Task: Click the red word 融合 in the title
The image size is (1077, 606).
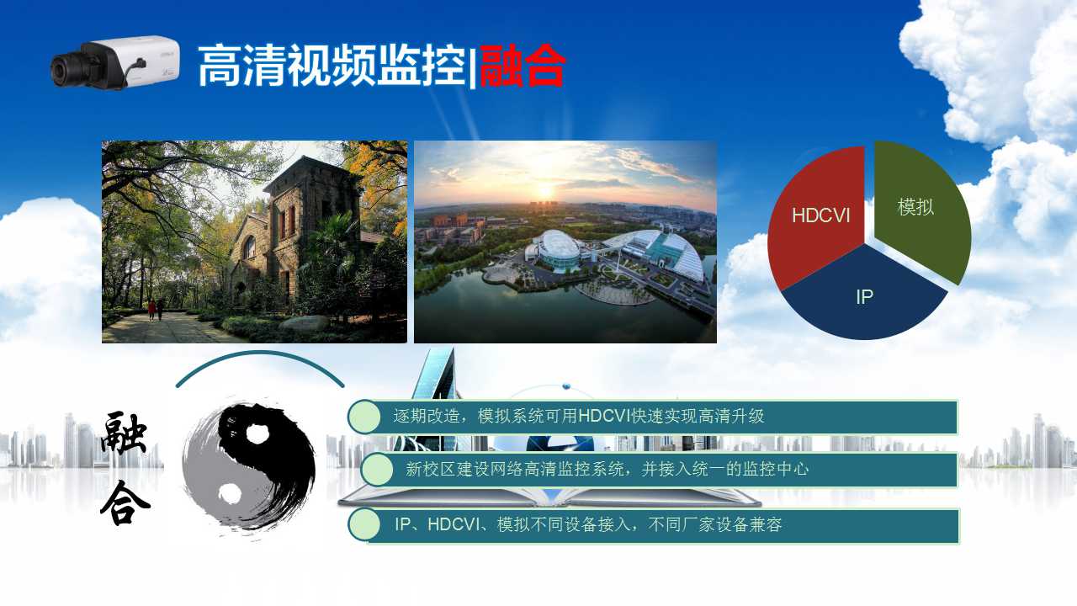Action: [523, 66]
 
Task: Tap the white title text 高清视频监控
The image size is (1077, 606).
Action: [332, 66]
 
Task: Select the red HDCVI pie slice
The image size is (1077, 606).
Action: [817, 216]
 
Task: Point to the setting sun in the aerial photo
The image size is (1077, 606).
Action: [545, 191]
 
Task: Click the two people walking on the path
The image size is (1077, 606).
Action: [156, 309]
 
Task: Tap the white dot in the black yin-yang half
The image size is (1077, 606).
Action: [257, 434]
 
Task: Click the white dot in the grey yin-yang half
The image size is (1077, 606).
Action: [230, 493]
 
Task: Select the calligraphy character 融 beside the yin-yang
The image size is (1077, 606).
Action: [124, 433]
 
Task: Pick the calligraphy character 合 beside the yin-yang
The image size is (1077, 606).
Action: [125, 502]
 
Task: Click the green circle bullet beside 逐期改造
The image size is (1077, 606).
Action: [364, 417]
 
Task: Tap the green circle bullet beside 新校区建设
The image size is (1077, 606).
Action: [377, 470]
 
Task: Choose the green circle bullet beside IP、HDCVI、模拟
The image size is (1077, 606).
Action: [364, 524]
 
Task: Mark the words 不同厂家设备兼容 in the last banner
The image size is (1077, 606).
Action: [715, 524]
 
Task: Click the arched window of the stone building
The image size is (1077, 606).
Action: [249, 247]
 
